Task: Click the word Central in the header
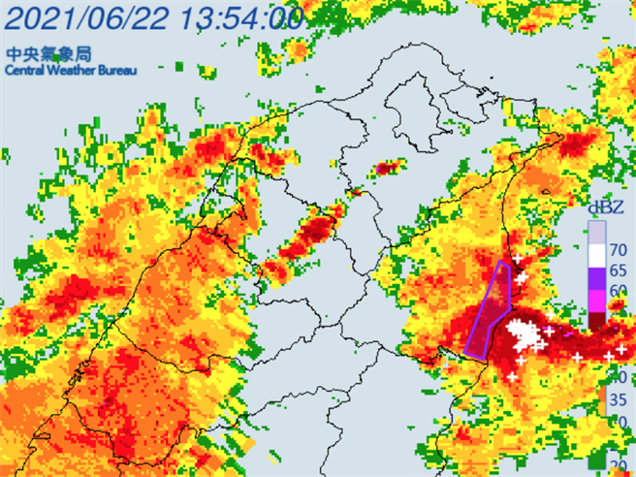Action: click(x=23, y=71)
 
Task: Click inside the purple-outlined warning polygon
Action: click(x=493, y=305)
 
